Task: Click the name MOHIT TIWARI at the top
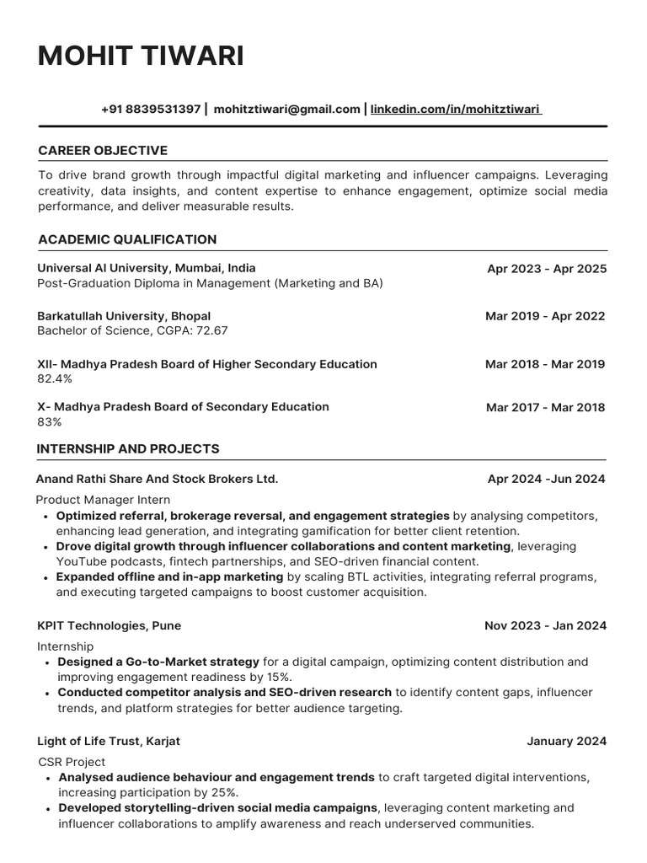point(141,56)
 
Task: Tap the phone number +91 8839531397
point(151,109)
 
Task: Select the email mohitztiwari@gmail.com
point(286,109)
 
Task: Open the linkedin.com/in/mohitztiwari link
point(456,109)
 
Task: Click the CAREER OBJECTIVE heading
point(103,151)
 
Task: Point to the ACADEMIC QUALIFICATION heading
point(127,239)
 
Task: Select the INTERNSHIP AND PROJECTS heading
point(128,449)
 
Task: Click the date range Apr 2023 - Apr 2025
point(546,270)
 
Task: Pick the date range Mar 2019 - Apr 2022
point(545,317)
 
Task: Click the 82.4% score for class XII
point(55,379)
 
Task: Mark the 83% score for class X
point(50,421)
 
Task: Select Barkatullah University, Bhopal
point(124,316)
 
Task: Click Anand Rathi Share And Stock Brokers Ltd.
point(157,479)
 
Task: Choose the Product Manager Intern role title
point(103,500)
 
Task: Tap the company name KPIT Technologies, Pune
point(109,625)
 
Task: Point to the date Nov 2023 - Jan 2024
point(545,626)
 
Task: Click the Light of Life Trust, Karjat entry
point(109,741)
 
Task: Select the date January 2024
point(566,742)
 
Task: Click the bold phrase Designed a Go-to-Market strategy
point(158,662)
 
